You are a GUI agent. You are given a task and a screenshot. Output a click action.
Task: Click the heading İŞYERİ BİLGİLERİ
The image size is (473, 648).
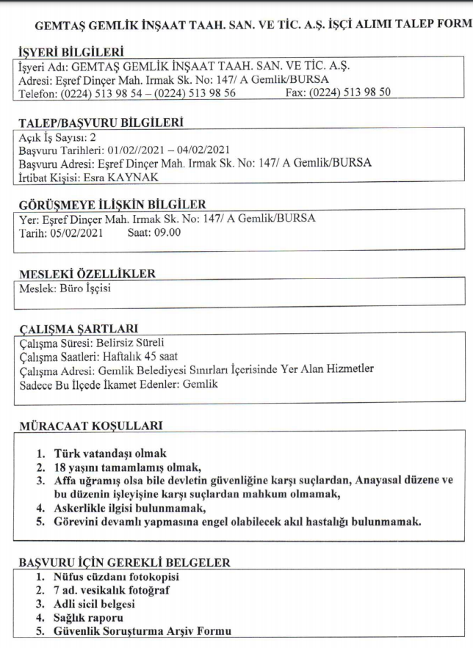[x=69, y=52]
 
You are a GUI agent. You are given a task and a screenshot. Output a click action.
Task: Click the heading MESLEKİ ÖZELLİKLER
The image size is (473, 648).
[x=86, y=274]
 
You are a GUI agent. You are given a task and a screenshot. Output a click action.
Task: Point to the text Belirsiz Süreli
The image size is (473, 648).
[x=127, y=342]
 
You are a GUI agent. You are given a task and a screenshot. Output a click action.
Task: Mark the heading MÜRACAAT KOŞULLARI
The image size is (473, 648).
[x=90, y=426]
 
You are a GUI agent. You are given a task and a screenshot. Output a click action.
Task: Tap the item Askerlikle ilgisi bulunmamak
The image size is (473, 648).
[x=130, y=507]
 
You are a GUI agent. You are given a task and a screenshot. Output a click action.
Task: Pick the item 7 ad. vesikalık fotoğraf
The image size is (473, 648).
[x=117, y=591]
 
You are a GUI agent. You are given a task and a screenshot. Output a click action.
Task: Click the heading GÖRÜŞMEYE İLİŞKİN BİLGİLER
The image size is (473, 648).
[x=111, y=205]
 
